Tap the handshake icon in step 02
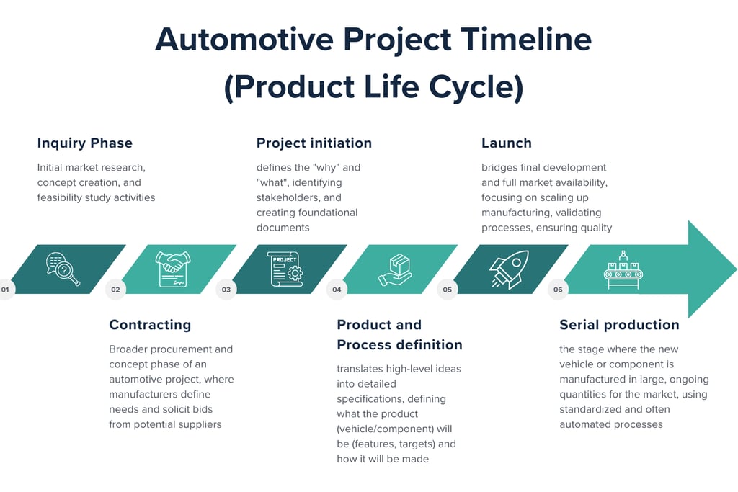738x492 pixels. pyautogui.click(x=173, y=269)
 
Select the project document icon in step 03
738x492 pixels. pyautogui.click(x=285, y=269)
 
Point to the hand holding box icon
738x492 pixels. pyautogui.click(x=395, y=269)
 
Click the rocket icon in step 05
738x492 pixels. pyautogui.click(x=509, y=269)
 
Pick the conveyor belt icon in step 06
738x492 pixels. pyautogui.click(x=623, y=269)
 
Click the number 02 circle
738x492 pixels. pyautogui.click(x=115, y=290)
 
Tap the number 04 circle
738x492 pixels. pyautogui.click(x=337, y=290)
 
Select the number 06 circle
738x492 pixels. pyautogui.click(x=558, y=290)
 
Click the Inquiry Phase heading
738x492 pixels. pyautogui.click(x=85, y=143)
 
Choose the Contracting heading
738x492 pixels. pyautogui.click(x=150, y=325)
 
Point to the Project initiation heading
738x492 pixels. pyautogui.click(x=314, y=143)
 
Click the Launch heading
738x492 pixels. pyautogui.click(x=507, y=143)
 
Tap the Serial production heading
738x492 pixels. pyautogui.click(x=619, y=325)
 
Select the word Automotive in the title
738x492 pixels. pyautogui.click(x=239, y=40)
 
